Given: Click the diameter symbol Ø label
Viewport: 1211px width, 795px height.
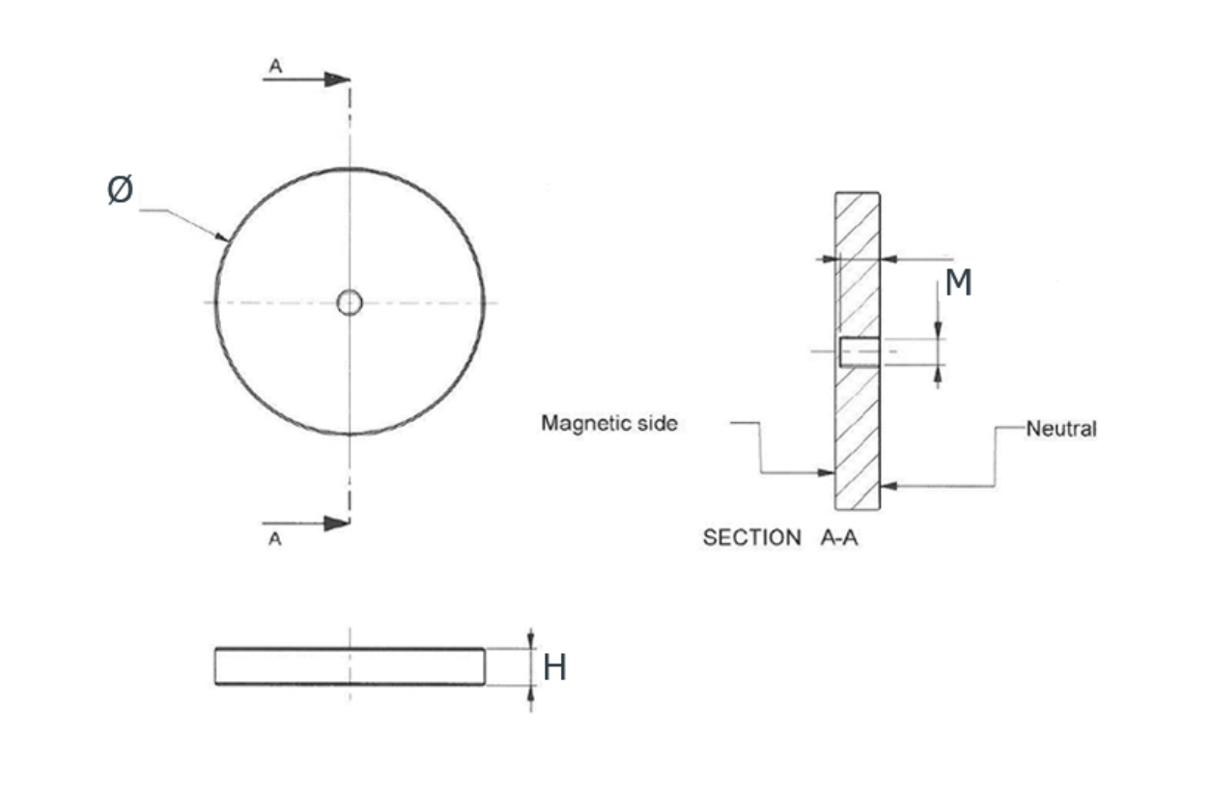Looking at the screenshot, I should (120, 192).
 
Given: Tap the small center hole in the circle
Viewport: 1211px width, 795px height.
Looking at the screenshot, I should (350, 303).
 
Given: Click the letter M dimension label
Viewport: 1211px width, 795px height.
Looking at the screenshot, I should (957, 283).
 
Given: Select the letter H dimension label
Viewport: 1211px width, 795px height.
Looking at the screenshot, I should (554, 667).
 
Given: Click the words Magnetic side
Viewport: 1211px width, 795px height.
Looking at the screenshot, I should (608, 423).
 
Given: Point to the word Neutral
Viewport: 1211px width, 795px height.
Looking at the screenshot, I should (1060, 429).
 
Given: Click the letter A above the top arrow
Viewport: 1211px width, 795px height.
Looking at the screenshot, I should (275, 65).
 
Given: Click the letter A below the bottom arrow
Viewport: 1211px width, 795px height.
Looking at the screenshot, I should (275, 540).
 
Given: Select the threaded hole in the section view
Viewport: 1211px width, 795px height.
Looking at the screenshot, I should (858, 352).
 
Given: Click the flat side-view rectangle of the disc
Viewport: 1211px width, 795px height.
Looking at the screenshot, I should (350, 667).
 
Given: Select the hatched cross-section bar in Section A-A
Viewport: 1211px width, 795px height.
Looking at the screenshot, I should (858, 435).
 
